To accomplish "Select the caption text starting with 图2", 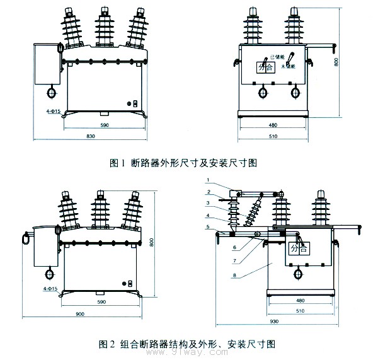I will [189, 344].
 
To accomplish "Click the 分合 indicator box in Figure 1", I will [263, 67].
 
